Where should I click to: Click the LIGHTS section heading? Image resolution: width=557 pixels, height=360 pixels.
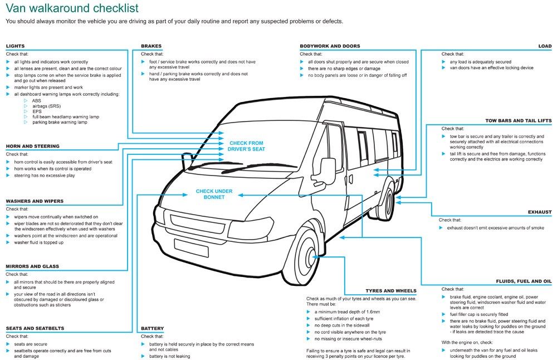(x=15, y=46)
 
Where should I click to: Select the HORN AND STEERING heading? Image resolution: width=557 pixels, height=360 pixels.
(x=32, y=147)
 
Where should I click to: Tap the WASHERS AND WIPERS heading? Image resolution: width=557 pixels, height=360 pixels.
(x=35, y=201)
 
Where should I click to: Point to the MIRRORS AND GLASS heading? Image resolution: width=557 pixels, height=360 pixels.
(x=32, y=266)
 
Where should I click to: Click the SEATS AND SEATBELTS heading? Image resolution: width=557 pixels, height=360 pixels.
(x=34, y=328)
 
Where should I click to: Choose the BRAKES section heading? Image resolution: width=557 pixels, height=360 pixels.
(x=152, y=46)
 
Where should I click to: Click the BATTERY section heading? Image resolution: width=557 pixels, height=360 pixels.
(x=152, y=328)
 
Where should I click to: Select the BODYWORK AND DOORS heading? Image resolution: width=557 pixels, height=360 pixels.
(x=330, y=46)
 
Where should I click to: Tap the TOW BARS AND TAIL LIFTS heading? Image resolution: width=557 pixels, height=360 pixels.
(x=518, y=120)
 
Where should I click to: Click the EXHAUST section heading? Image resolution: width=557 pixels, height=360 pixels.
(x=539, y=212)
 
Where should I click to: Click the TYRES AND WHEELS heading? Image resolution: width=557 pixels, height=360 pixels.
(x=390, y=291)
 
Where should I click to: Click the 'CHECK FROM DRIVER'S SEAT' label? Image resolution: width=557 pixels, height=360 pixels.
(x=246, y=146)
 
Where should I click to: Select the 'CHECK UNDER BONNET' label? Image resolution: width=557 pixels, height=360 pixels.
(x=214, y=194)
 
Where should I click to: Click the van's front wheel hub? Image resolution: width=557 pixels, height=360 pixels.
(x=310, y=257)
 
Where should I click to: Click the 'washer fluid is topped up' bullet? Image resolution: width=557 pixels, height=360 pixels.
(x=38, y=242)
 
